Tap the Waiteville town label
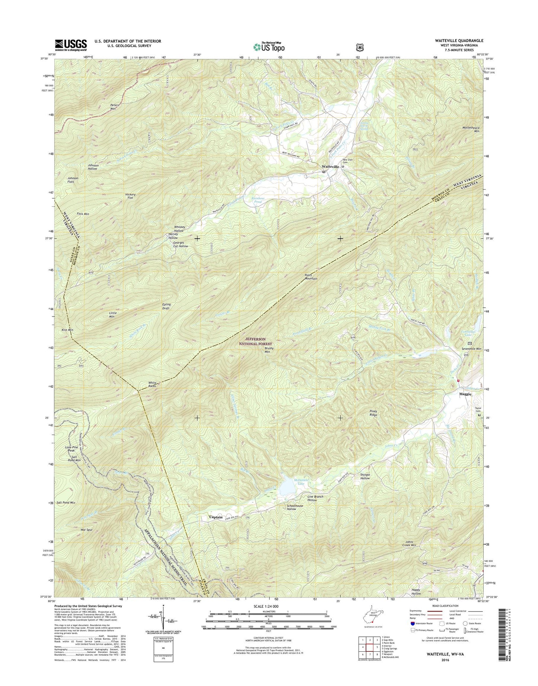(x=330, y=166)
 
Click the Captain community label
(x=216, y=517)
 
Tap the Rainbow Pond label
(x=258, y=200)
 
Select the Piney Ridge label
(x=373, y=413)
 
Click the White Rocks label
(x=152, y=384)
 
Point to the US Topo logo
(x=269, y=47)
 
